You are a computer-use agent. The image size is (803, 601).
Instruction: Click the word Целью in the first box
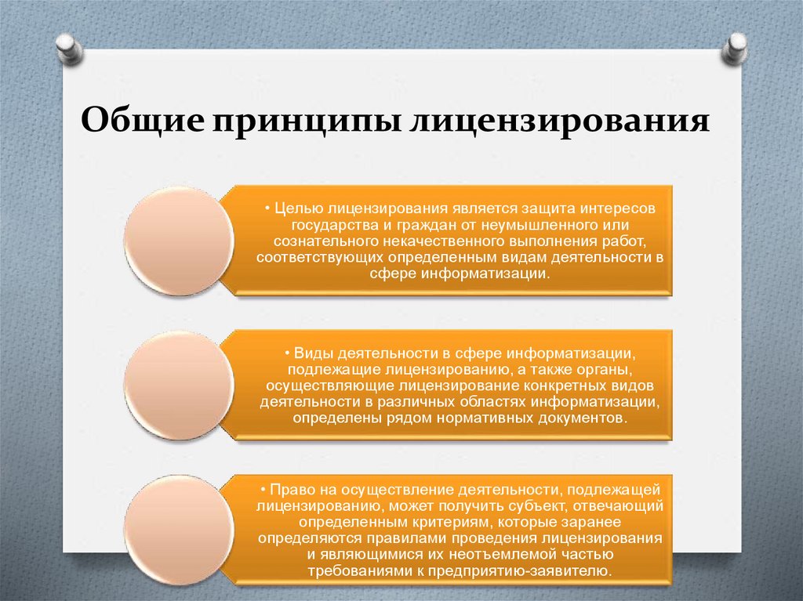point(298,209)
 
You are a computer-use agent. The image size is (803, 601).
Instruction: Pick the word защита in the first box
point(546,209)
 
